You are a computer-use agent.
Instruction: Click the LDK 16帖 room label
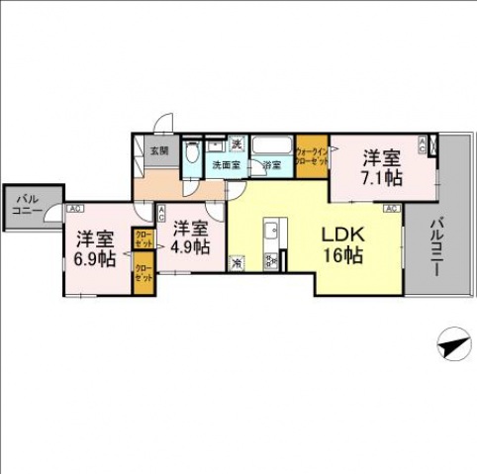click(342, 245)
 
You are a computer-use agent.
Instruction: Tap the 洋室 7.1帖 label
click(380, 166)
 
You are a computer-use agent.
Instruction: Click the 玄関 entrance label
click(158, 151)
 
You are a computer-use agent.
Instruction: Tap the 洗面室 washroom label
click(226, 165)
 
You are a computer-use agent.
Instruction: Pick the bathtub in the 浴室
click(274, 144)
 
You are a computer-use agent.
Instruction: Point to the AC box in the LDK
click(391, 209)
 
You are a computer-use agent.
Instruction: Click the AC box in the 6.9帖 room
click(74, 209)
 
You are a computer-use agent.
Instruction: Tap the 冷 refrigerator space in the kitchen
click(237, 263)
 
